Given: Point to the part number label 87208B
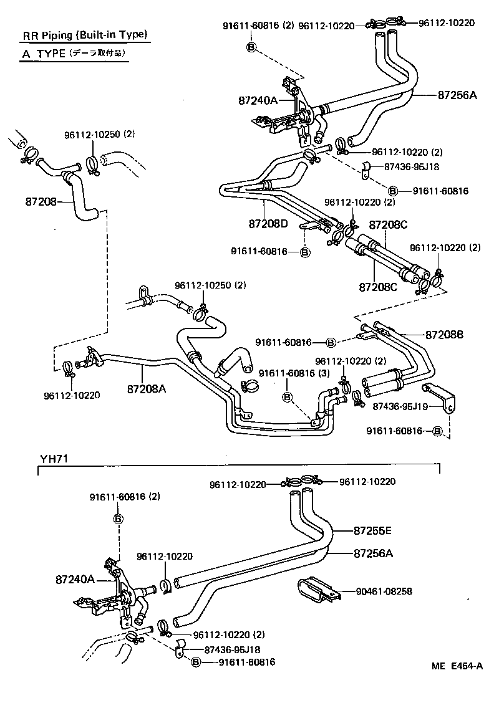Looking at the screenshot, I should [x=444, y=335].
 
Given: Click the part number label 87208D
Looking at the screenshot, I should [x=268, y=223].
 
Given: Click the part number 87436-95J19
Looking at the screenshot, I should [x=399, y=406].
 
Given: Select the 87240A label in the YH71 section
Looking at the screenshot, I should [x=74, y=579].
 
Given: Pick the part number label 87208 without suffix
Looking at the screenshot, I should [x=41, y=201].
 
